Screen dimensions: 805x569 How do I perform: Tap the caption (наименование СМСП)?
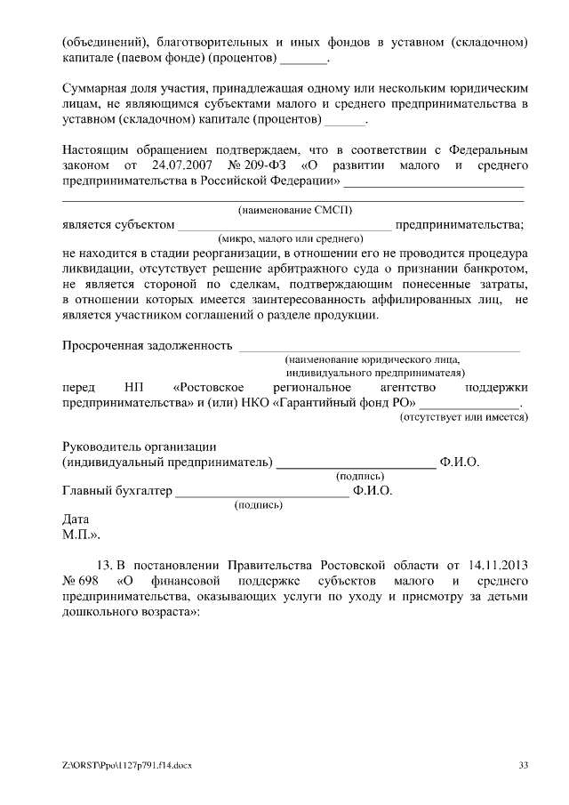tap(294, 210)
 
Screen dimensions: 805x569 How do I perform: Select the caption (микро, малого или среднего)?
tap(292, 238)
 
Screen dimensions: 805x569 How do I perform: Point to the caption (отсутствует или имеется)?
tap(463, 416)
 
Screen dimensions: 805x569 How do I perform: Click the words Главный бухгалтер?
tap(116, 490)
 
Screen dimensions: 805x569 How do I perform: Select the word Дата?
tap(76, 519)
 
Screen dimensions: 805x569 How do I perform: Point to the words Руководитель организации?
tap(140, 447)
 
